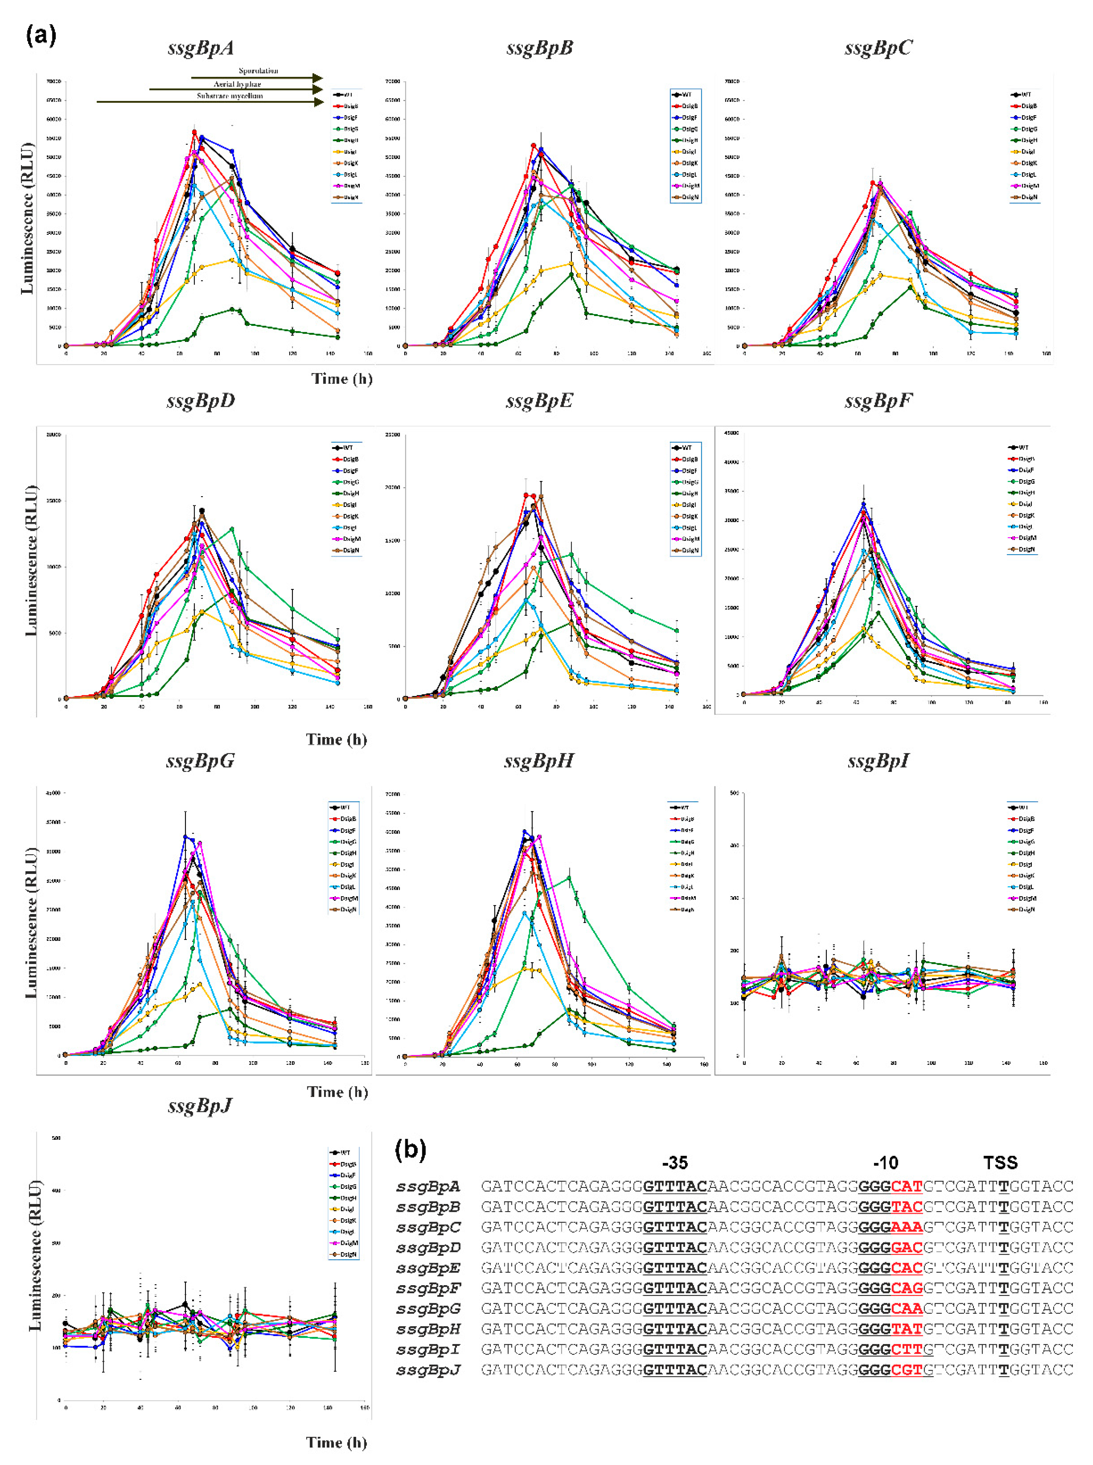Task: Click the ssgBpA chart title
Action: [200, 48]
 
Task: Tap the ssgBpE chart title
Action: [539, 401]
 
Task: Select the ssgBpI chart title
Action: [878, 761]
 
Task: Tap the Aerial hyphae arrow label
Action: [237, 84]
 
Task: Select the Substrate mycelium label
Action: [229, 96]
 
